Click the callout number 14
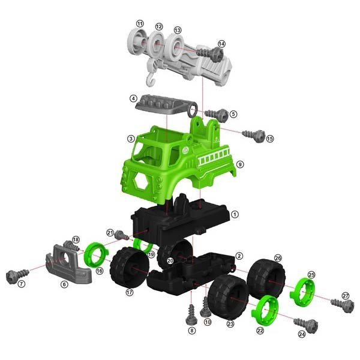tap(221, 44)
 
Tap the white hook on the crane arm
tap(151, 80)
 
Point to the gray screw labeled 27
tap(343, 305)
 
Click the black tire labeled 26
tap(266, 279)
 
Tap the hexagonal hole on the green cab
tap(141, 181)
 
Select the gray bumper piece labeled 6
tap(68, 265)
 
